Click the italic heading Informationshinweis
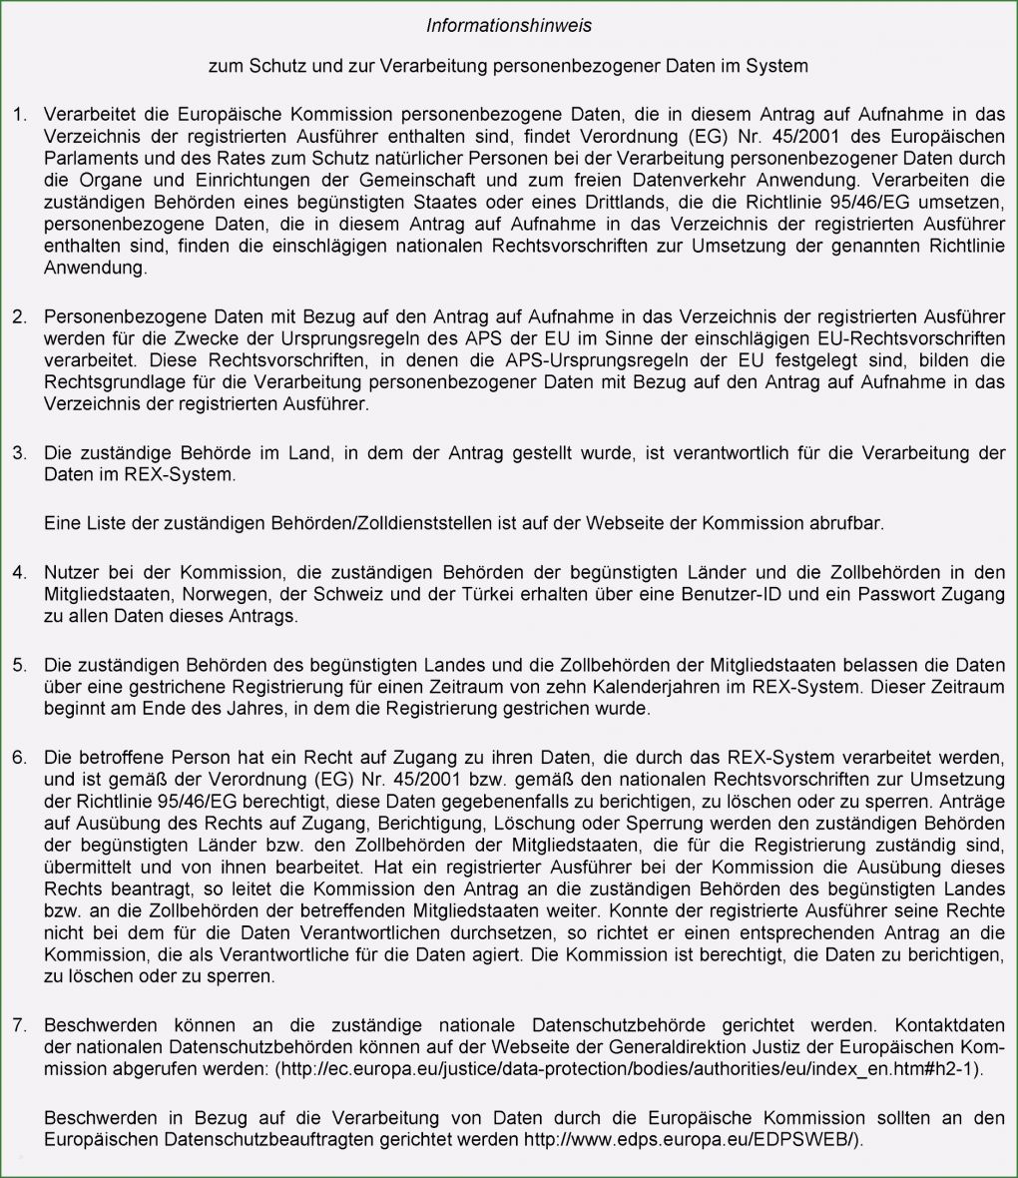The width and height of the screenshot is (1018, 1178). [508, 24]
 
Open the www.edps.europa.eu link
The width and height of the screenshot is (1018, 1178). [692, 1139]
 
